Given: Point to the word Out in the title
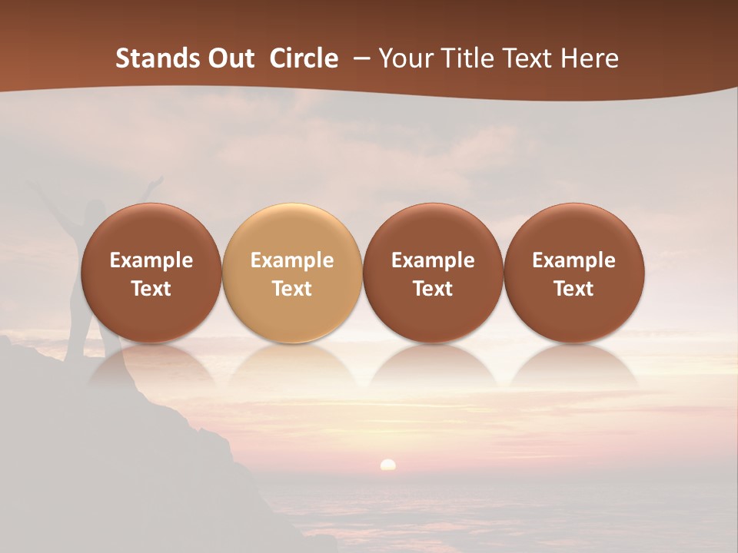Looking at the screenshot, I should coord(231,58).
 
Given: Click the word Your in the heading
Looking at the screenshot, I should coord(407,58).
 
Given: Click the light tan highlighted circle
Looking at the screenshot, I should coord(291,273).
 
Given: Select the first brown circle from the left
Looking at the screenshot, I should coord(151,273).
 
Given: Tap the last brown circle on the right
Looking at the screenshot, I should coord(573,273).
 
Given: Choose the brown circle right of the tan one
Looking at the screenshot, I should coord(433,273).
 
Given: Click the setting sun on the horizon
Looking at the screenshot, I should coord(388,464).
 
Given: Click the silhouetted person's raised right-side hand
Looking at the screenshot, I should coord(157,181).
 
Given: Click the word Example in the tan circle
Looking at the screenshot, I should coord(291,260).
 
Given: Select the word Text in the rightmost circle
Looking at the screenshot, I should coord(573,289).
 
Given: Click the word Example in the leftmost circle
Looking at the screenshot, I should coord(151,260).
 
